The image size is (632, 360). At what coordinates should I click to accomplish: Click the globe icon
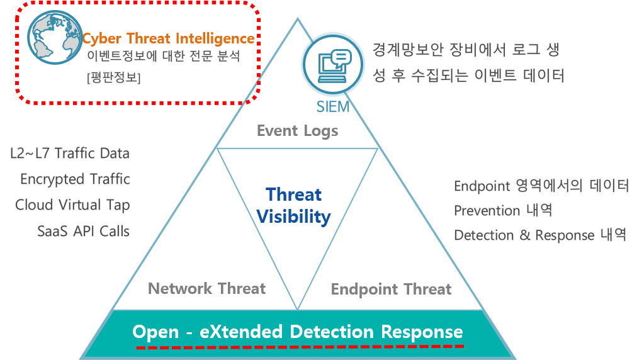pyautogui.click(x=55, y=37)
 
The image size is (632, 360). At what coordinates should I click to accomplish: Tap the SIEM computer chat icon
pyautogui.click(x=333, y=64)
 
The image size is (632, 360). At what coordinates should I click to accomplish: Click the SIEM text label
pyautogui.click(x=332, y=107)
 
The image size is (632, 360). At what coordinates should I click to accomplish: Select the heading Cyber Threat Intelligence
pyautogui.click(x=168, y=38)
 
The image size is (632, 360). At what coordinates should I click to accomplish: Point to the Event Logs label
pyautogui.click(x=298, y=131)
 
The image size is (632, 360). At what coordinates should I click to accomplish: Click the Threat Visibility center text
pyautogui.click(x=294, y=206)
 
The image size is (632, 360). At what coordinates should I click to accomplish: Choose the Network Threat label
pyautogui.click(x=206, y=289)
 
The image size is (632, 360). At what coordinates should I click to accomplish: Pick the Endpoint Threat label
pyautogui.click(x=391, y=290)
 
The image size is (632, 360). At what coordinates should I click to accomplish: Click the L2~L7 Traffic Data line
pyautogui.click(x=70, y=154)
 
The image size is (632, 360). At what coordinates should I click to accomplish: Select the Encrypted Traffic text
pyautogui.click(x=75, y=179)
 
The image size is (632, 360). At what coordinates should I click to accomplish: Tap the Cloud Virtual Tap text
pyautogui.click(x=72, y=205)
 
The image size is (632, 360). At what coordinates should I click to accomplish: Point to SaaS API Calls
pyautogui.click(x=84, y=232)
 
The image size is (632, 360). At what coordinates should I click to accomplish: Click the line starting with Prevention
pyautogui.click(x=502, y=210)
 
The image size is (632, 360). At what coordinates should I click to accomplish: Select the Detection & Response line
pyautogui.click(x=540, y=235)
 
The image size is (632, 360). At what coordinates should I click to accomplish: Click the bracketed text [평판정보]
pyautogui.click(x=114, y=77)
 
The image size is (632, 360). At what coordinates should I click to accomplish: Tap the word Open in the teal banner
pyautogui.click(x=155, y=332)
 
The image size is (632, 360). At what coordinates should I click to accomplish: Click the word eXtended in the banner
pyautogui.click(x=241, y=332)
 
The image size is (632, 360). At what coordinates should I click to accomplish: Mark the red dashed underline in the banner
pyautogui.click(x=300, y=347)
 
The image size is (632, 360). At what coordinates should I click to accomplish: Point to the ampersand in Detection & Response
pyautogui.click(x=524, y=235)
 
